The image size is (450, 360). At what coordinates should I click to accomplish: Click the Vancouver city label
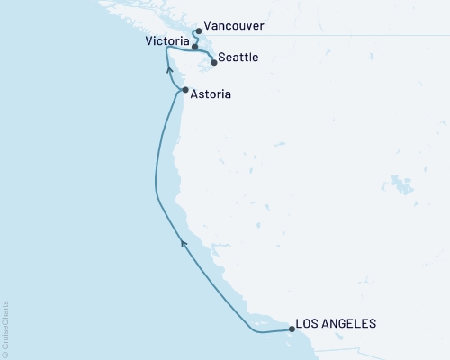click(x=234, y=27)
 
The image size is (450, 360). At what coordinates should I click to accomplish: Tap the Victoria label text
click(x=166, y=42)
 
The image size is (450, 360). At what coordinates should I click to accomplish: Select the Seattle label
click(x=239, y=58)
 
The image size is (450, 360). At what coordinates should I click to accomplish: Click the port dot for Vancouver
click(x=197, y=31)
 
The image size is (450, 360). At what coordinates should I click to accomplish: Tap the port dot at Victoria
click(x=195, y=46)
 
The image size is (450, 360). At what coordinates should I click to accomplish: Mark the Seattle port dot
click(x=213, y=63)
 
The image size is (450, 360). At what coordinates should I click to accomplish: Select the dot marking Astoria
click(x=185, y=91)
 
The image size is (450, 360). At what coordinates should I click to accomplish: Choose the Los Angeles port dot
click(x=292, y=329)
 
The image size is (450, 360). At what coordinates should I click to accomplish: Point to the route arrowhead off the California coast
click(x=183, y=242)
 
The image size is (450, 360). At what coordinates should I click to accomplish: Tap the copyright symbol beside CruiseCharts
click(x=5, y=354)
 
